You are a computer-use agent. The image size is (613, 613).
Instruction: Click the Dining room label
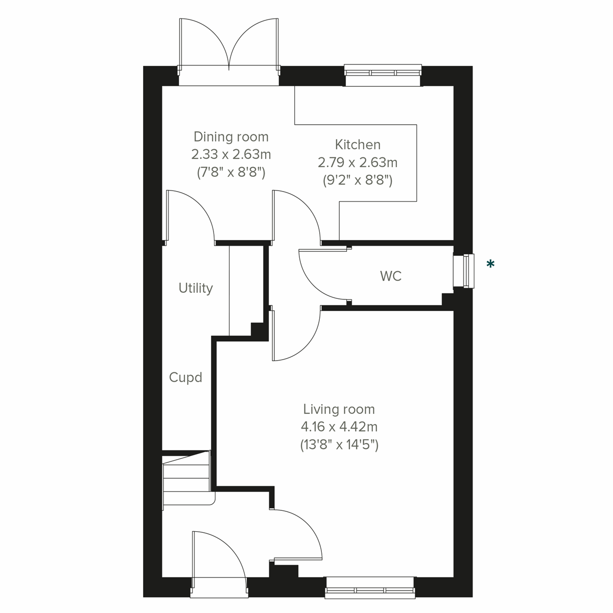click(231, 137)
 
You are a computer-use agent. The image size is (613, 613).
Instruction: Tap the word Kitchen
click(358, 145)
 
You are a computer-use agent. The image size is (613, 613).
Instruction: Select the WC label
click(391, 276)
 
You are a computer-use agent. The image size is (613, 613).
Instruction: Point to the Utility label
click(196, 288)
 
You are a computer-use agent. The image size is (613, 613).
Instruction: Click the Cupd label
click(185, 378)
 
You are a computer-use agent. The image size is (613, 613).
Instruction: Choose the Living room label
click(339, 409)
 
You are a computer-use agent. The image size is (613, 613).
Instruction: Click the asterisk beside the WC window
click(490, 264)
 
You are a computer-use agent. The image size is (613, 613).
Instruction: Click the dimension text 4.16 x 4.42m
click(339, 427)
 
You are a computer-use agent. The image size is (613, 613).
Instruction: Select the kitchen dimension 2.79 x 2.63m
click(358, 162)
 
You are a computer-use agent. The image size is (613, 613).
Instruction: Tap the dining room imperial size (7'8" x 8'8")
click(231, 172)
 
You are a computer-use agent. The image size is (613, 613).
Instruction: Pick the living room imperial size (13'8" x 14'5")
click(339, 444)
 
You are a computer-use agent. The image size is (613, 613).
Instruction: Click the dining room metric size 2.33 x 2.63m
click(231, 154)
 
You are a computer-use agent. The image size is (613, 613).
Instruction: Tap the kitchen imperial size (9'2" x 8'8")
click(358, 180)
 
